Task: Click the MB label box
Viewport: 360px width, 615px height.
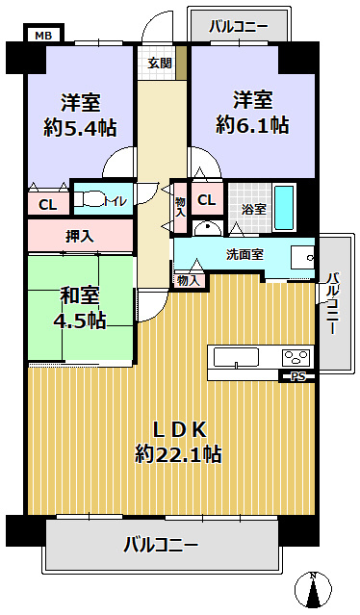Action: click(42, 36)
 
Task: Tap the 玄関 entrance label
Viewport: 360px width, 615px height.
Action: click(160, 63)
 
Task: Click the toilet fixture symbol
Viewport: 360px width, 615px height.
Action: click(92, 200)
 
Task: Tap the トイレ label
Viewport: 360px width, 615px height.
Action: click(116, 201)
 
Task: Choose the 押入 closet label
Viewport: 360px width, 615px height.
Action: click(80, 235)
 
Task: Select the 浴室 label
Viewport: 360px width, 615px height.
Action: click(253, 209)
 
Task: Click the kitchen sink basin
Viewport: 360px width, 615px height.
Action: click(237, 358)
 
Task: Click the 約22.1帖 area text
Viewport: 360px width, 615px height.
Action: click(178, 453)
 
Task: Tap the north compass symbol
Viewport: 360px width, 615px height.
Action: click(314, 589)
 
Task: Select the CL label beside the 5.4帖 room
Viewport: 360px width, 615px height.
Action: click(46, 204)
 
